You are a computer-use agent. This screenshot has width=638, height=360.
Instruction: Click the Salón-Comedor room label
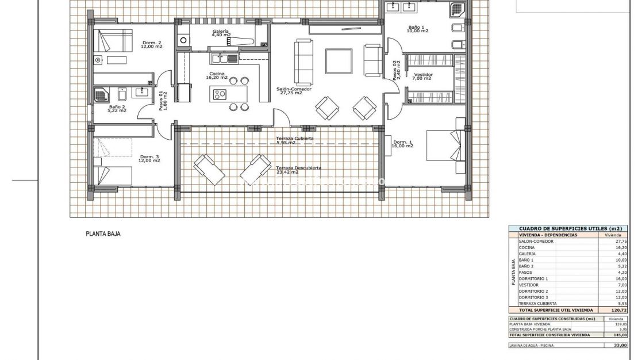291,90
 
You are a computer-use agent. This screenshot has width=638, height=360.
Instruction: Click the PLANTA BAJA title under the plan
103,234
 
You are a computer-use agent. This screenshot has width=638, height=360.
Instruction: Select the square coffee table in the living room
339,61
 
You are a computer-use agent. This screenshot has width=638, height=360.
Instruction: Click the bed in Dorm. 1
446,141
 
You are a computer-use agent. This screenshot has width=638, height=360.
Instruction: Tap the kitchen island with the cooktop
220,94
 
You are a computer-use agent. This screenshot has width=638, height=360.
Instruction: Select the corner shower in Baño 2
102,95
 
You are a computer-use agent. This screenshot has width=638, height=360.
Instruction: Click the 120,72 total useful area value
618,309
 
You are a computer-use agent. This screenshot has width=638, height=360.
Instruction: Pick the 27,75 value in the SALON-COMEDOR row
620,242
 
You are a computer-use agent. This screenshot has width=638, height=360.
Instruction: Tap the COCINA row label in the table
526,248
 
